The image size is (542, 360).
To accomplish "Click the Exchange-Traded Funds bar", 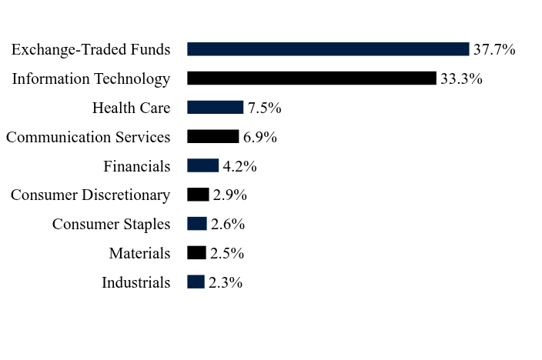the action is pyautogui.click(x=328, y=49).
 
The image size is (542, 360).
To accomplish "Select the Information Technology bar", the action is pyautogui.click(x=312, y=78).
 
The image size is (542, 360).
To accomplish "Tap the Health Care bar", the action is pyautogui.click(x=215, y=107).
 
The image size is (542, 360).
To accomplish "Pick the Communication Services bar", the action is pyautogui.click(x=213, y=136).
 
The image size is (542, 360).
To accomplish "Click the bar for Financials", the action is pyautogui.click(x=203, y=165).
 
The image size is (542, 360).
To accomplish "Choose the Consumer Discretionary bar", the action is pyautogui.click(x=198, y=195).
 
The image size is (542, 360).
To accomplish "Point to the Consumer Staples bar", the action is pyautogui.click(x=197, y=224).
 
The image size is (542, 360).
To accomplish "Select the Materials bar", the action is pyautogui.click(x=196, y=252).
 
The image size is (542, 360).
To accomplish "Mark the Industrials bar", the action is pyautogui.click(x=196, y=282).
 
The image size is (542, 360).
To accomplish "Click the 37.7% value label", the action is pyautogui.click(x=494, y=49).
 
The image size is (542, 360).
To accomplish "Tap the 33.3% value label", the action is pyautogui.click(x=461, y=78).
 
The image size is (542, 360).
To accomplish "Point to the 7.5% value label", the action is pyautogui.click(x=264, y=108).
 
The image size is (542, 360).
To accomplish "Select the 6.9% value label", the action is pyautogui.click(x=260, y=137).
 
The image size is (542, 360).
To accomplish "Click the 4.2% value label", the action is pyautogui.click(x=240, y=166).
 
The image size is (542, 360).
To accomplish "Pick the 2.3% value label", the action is pyautogui.click(x=226, y=282).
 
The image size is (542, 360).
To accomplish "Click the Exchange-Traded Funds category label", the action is pyautogui.click(x=91, y=50).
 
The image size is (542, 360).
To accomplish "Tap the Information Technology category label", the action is pyautogui.click(x=92, y=79).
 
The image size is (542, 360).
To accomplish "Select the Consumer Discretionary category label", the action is pyautogui.click(x=91, y=195).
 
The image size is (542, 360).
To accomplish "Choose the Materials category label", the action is pyautogui.click(x=139, y=253).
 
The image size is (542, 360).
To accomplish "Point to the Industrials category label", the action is pyautogui.click(x=135, y=282).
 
